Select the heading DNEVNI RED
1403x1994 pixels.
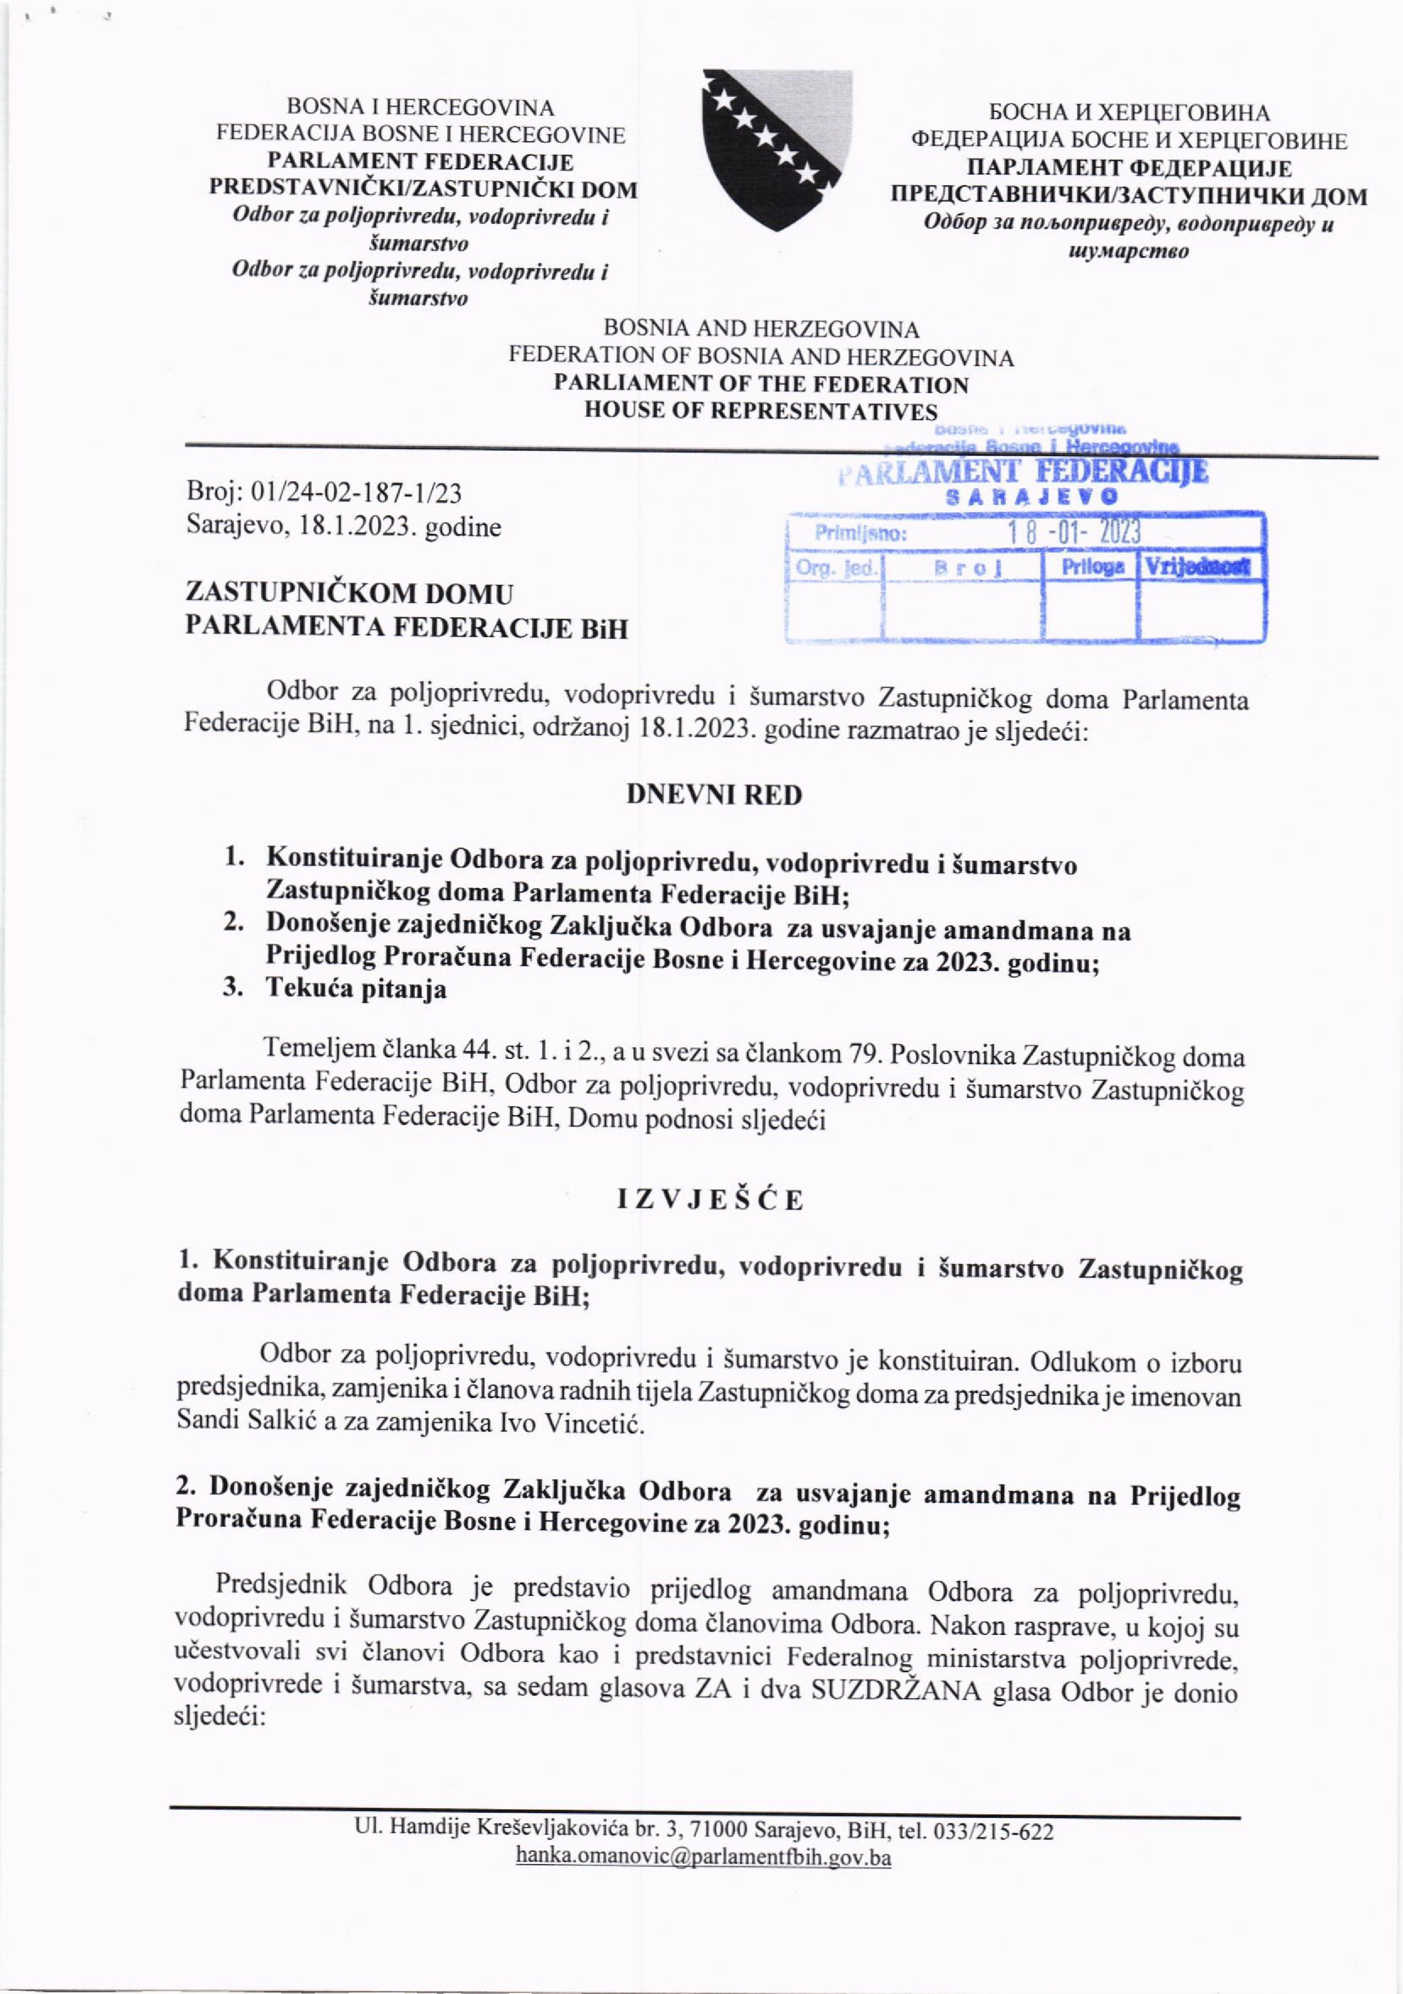pos(714,795)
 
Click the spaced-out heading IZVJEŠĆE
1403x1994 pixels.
pos(709,1199)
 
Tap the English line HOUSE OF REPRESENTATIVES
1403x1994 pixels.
pos(761,410)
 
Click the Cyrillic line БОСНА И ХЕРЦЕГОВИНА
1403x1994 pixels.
pos(1129,113)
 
